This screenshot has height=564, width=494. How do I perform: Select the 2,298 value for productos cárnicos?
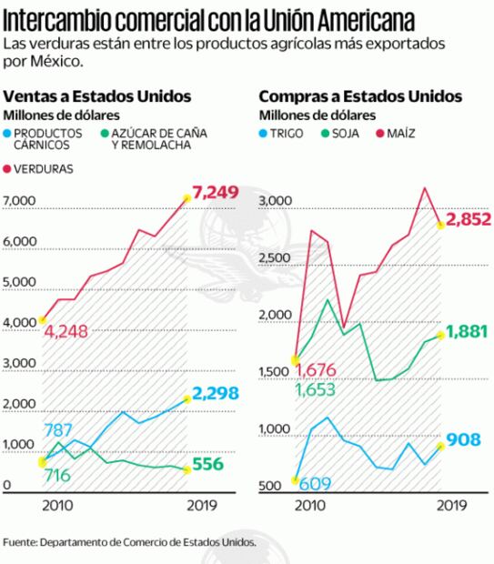click(216, 397)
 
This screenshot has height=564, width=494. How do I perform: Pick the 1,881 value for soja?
click(471, 330)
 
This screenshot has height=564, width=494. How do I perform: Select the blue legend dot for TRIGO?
click(264, 133)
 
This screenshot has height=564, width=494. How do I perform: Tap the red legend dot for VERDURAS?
click(9, 168)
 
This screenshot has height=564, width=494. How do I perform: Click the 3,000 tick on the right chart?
click(274, 201)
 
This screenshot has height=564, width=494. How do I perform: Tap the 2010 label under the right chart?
click(309, 504)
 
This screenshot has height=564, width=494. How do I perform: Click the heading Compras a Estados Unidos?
click(359, 96)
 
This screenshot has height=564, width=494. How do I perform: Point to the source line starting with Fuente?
click(129, 542)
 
